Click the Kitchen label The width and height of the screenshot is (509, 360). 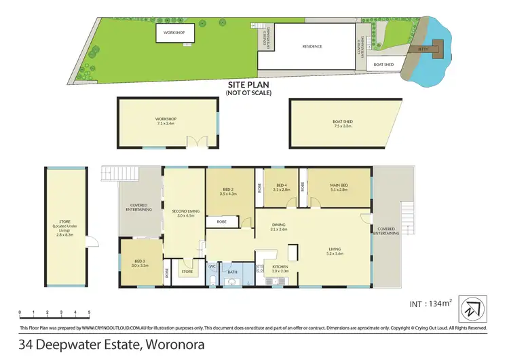click(280, 268)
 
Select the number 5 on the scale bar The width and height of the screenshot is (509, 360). click(89, 313)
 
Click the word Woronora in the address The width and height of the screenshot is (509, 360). click(174, 344)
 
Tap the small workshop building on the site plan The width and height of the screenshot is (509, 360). click(175, 33)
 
